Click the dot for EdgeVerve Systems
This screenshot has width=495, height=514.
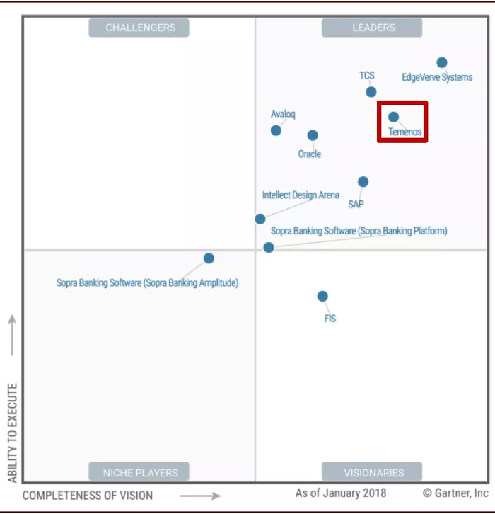coord(442,62)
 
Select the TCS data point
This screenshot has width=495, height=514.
coord(371,92)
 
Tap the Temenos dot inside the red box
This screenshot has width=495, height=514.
coord(393,117)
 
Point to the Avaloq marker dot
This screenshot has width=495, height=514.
coord(276,130)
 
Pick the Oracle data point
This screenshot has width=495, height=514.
coord(313,135)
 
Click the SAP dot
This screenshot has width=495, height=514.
coord(363,182)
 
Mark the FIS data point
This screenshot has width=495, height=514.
coord(322,296)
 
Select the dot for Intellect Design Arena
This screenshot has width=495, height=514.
coord(260,219)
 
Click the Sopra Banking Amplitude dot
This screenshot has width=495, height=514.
coord(209,258)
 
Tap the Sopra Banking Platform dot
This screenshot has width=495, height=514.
coord(269,247)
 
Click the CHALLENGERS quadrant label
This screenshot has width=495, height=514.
coord(140,28)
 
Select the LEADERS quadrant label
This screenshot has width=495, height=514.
coord(373,28)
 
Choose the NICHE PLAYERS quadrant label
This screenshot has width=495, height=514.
coord(140,472)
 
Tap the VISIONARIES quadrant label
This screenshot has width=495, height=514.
coord(373,472)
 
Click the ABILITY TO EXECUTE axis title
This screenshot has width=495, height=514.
coord(12,433)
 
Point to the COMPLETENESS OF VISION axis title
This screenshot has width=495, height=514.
coord(87,496)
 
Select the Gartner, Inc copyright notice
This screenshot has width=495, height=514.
coord(455,493)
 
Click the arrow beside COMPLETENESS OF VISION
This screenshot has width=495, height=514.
coord(200,496)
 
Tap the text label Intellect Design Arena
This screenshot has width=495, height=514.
coord(301,195)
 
